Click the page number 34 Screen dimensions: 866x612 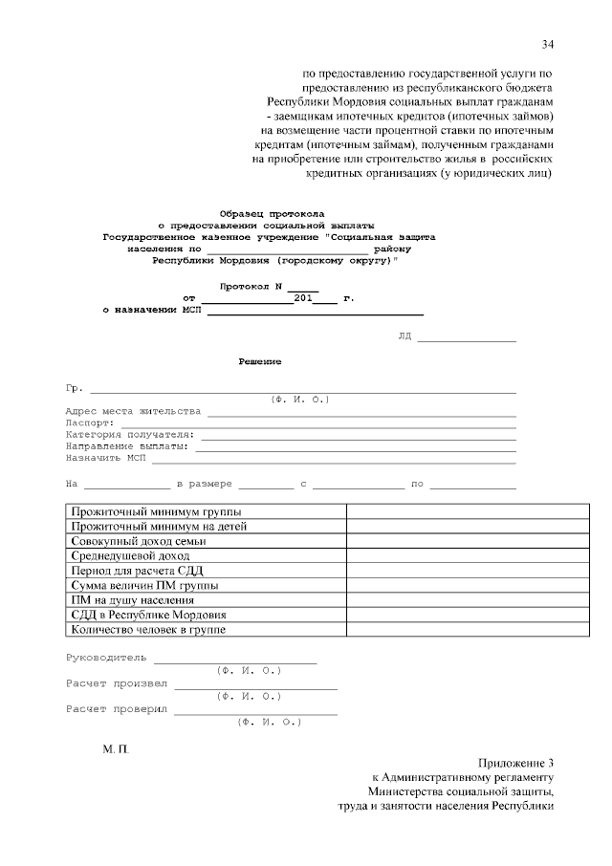[x=547, y=44]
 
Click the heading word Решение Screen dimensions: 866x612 [x=259, y=361]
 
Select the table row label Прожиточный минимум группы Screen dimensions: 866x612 [x=157, y=511]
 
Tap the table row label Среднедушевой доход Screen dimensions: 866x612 [x=130, y=554]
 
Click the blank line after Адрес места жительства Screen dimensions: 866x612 [x=361, y=415]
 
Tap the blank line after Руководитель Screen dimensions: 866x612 [x=234, y=661]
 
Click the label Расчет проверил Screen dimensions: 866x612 [x=116, y=709]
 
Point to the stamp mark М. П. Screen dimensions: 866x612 [x=115, y=753]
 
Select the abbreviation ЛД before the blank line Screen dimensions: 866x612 [x=404, y=337]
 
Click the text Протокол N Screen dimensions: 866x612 [x=252, y=286]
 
